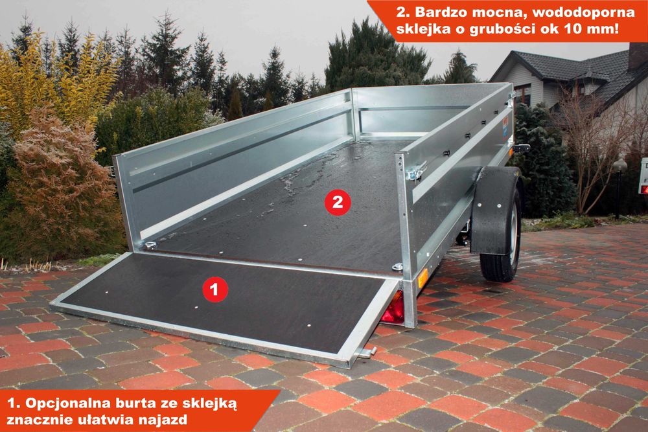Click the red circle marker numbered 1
click(x=215, y=289)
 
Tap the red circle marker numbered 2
click(x=337, y=202)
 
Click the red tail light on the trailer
click(x=393, y=309)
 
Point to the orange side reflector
click(x=422, y=278)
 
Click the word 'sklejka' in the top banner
click(x=428, y=29)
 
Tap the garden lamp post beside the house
click(x=618, y=185)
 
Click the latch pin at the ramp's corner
click(x=367, y=352)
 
